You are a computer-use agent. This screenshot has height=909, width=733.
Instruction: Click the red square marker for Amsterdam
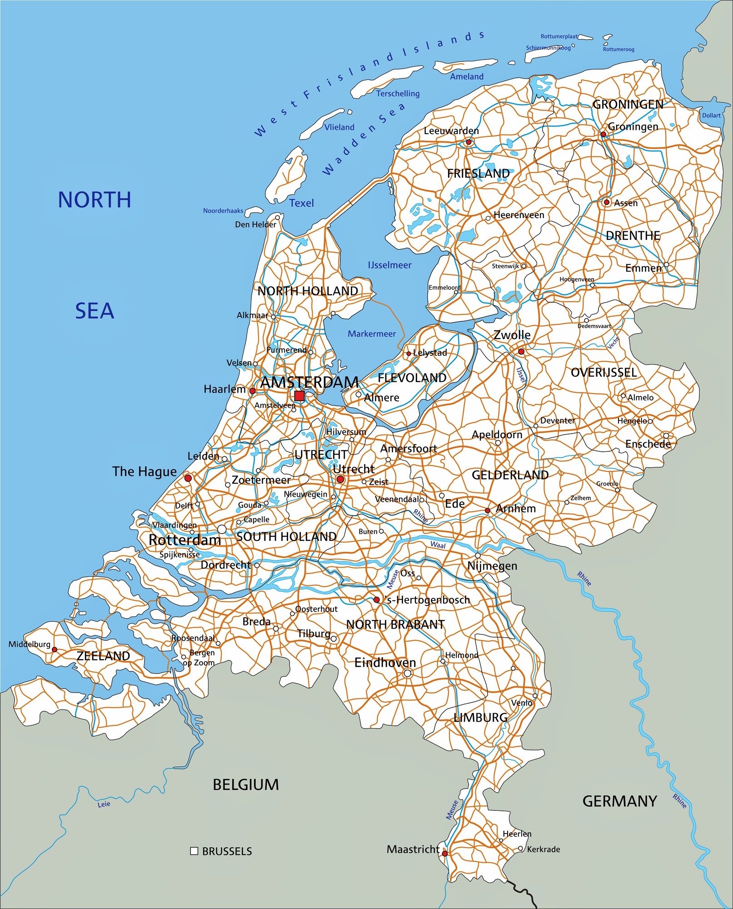pyautogui.click(x=299, y=396)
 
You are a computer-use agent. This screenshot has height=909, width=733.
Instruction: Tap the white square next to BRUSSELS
pyautogui.click(x=194, y=851)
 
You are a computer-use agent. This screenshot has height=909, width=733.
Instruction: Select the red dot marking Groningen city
pyautogui.click(x=603, y=134)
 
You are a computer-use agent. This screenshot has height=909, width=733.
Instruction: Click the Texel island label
pyautogui.click(x=301, y=203)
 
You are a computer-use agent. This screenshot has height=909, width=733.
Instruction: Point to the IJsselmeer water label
pyautogui.click(x=389, y=265)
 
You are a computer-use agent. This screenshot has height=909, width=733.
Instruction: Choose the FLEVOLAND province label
pyautogui.click(x=412, y=378)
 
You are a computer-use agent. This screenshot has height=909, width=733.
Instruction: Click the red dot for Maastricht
pyautogui.click(x=445, y=854)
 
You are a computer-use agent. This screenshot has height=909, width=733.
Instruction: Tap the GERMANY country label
pyautogui.click(x=619, y=801)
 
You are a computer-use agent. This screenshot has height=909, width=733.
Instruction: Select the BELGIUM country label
pyautogui.click(x=246, y=784)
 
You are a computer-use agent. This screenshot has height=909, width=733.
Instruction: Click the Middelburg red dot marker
pyautogui.click(x=55, y=649)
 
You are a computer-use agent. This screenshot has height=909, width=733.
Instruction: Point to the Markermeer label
pyautogui.click(x=372, y=334)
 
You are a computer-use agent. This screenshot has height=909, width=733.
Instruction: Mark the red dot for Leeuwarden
pyautogui.click(x=469, y=142)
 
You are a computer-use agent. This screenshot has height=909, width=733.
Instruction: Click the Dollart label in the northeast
pyautogui.click(x=711, y=115)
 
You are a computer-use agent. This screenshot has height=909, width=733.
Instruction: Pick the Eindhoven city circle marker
pyautogui.click(x=408, y=673)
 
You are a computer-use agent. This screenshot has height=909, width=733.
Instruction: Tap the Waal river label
pyautogui.click(x=438, y=545)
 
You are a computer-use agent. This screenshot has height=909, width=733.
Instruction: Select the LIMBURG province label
pyautogui.click(x=480, y=717)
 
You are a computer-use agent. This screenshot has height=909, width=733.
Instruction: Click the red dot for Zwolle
pyautogui.click(x=521, y=351)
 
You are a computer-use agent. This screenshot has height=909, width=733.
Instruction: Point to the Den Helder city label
pyautogui.click(x=255, y=225)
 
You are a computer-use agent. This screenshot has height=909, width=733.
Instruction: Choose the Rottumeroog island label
pyautogui.click(x=618, y=49)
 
